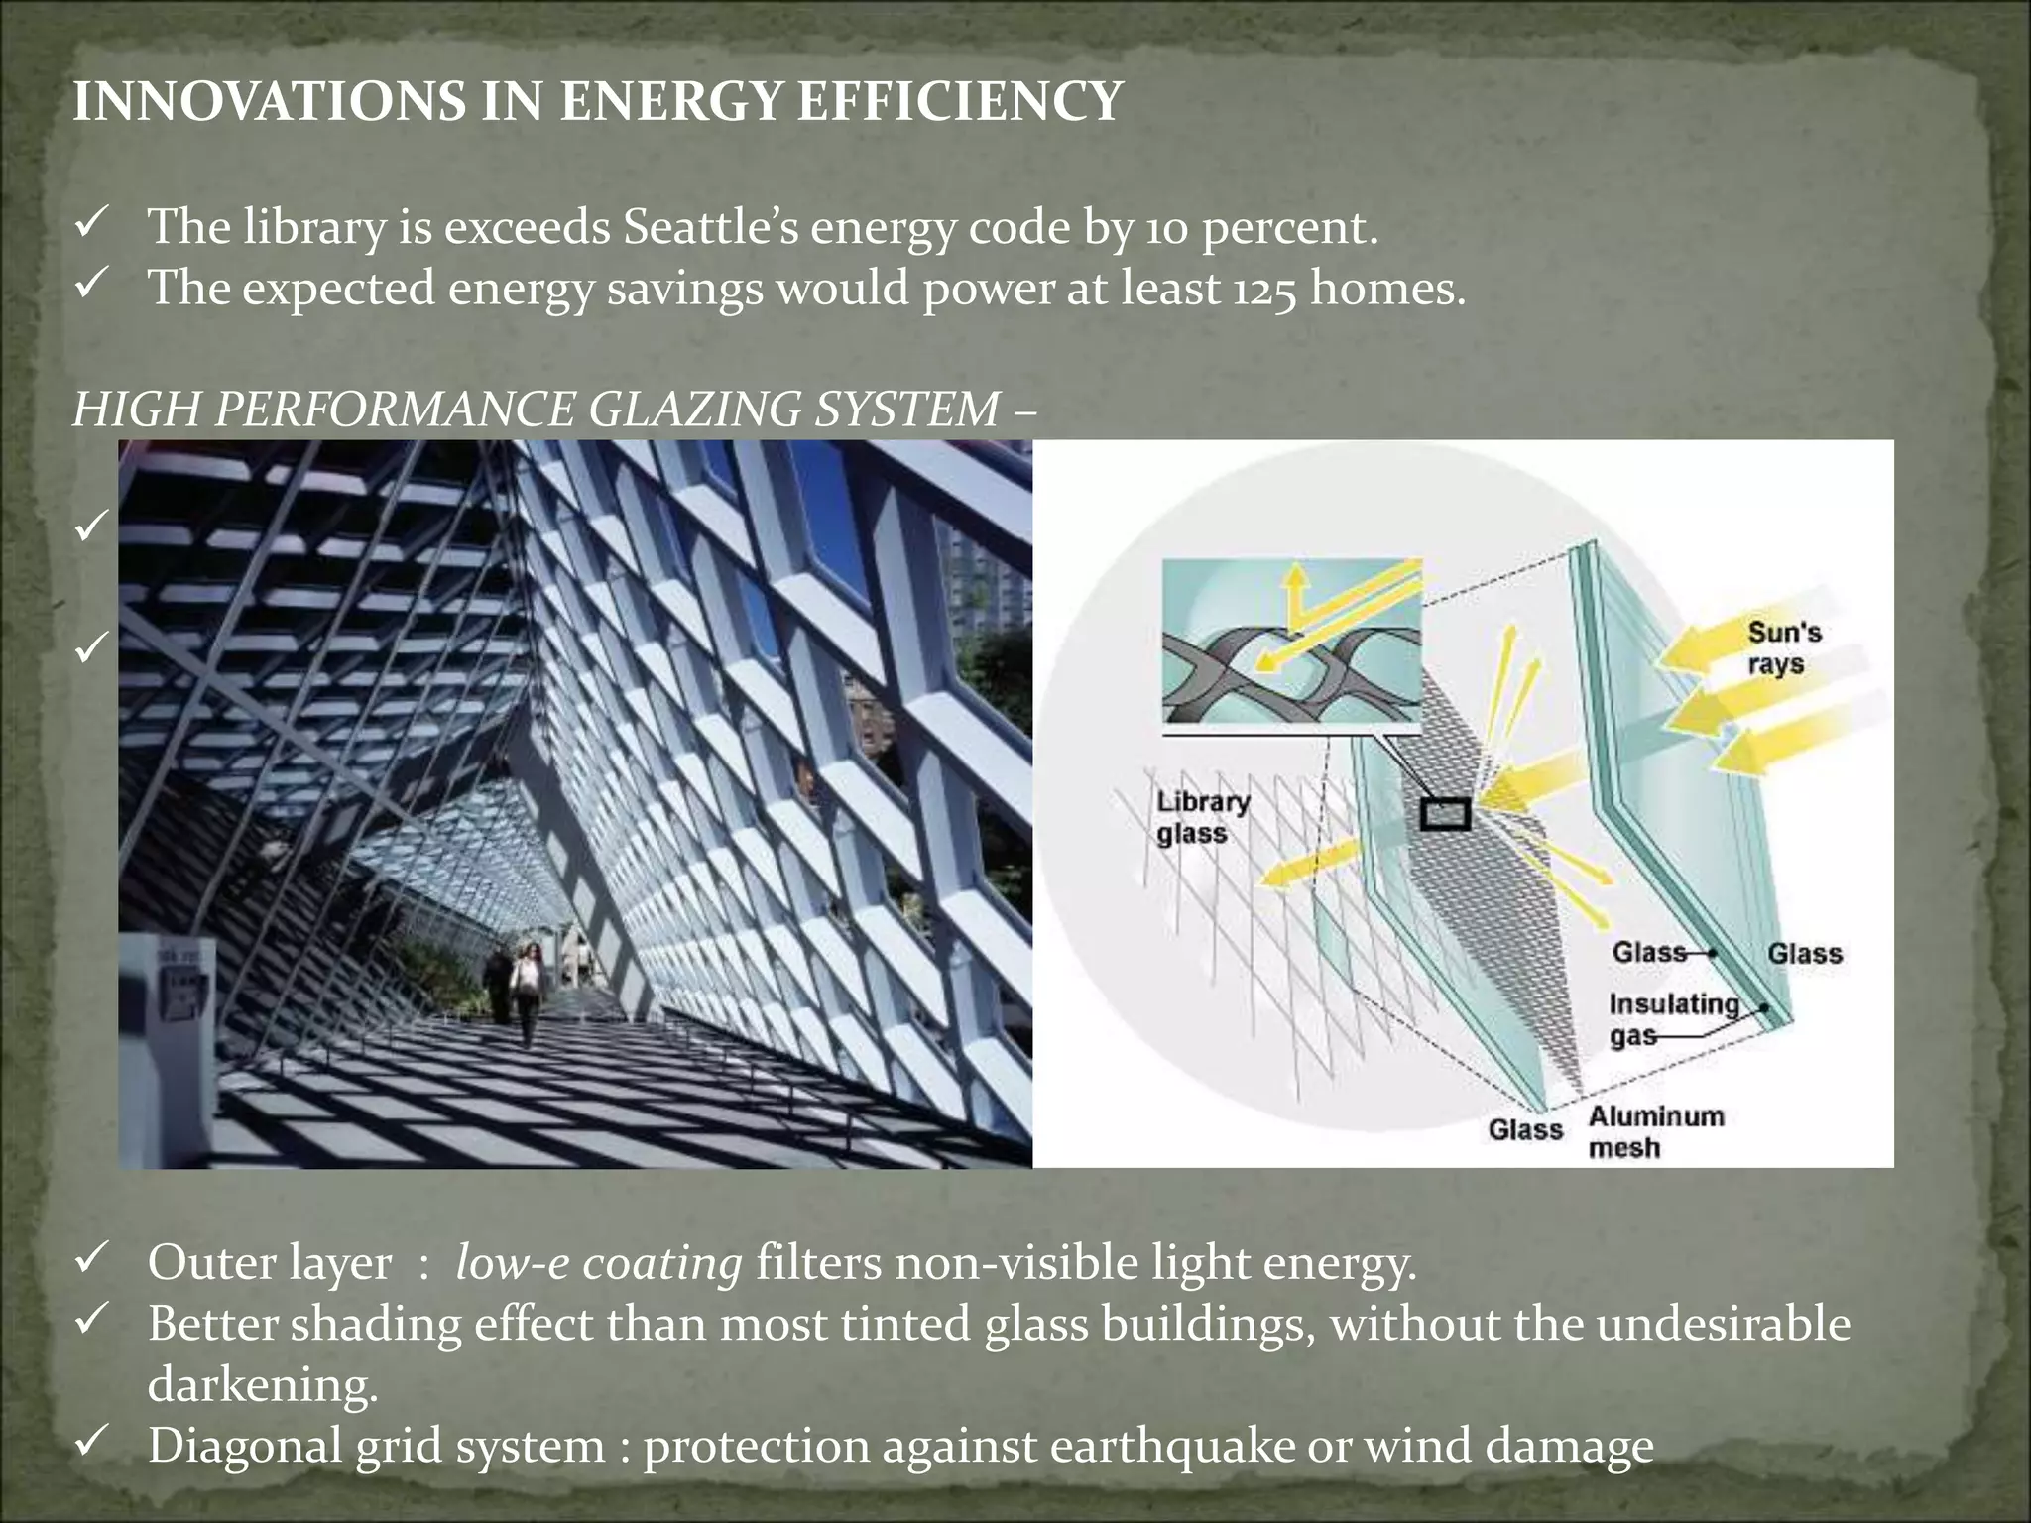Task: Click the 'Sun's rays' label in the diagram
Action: (x=1783, y=647)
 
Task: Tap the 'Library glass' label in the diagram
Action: (x=1202, y=817)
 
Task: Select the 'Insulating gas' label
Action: (x=1672, y=1019)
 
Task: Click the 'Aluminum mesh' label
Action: (x=1655, y=1131)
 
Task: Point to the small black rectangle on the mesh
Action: (x=1445, y=814)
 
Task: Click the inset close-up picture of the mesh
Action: (x=1290, y=642)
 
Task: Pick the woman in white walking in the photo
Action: (x=528, y=987)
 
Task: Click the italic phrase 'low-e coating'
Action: (x=598, y=1262)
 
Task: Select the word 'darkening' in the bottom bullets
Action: (x=262, y=1384)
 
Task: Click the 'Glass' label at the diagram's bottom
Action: (x=1525, y=1129)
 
